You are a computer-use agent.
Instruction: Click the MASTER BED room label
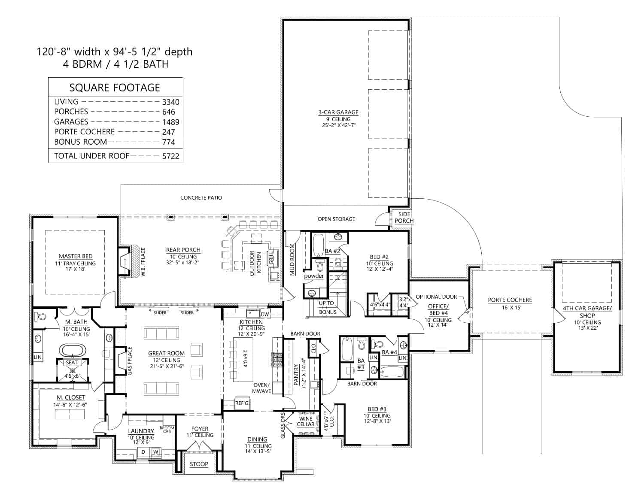coord(76,256)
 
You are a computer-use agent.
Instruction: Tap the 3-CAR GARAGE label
coord(338,112)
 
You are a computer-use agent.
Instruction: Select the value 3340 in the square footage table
coord(170,102)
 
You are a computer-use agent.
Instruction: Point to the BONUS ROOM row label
coord(80,142)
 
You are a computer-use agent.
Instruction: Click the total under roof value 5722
coord(170,156)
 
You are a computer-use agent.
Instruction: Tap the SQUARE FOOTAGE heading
coord(115,88)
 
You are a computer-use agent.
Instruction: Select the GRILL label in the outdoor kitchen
coord(271,258)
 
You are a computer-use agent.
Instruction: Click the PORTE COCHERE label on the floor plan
coord(510,300)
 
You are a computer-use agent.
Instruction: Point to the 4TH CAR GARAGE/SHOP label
coord(587,312)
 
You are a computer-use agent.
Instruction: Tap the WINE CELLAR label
coord(306,421)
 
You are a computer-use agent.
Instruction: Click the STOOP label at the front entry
coord(199,464)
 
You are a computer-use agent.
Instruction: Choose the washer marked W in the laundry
coord(155,452)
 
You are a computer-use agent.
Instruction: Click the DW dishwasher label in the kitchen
coord(265,314)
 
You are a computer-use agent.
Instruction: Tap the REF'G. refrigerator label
coord(242,403)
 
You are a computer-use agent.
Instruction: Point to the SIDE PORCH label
coord(404,217)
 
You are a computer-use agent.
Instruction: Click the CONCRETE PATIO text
coord(201,198)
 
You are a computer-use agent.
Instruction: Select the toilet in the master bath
coord(42,317)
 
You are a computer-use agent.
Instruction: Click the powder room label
coord(314,276)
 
